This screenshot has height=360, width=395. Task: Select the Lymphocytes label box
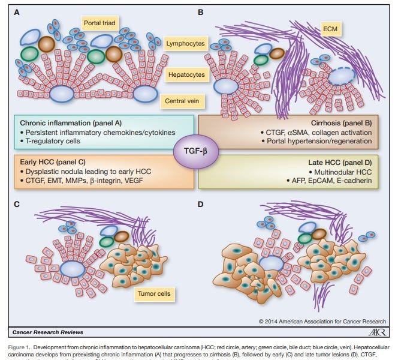tap(186, 44)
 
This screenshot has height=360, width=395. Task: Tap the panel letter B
tap(201, 11)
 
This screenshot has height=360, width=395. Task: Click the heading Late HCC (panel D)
tap(339, 161)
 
